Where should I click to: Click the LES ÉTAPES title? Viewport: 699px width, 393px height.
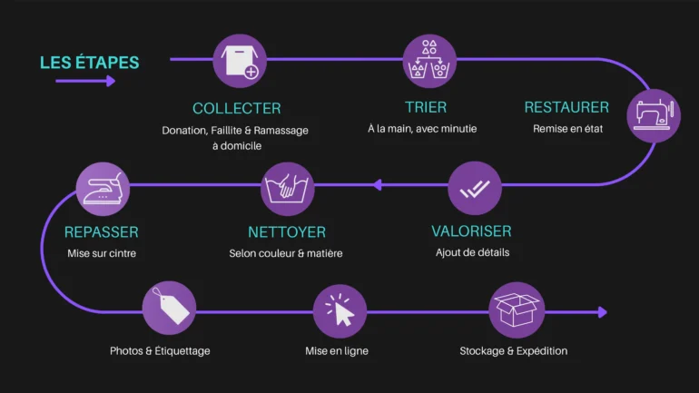[90, 63]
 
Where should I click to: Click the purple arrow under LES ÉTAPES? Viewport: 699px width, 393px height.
[85, 81]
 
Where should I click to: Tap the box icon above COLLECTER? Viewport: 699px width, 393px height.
[240, 61]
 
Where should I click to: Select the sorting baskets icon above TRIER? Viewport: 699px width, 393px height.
[429, 61]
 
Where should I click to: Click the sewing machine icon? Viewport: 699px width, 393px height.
[653, 115]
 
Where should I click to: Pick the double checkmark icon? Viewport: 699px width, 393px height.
[474, 189]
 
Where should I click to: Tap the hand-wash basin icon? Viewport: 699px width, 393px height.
[288, 189]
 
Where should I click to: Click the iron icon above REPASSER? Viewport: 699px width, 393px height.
[103, 189]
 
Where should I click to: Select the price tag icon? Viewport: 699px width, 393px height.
[170, 308]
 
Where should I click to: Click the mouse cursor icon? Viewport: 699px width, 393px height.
[340, 310]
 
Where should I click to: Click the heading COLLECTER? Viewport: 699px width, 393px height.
[237, 108]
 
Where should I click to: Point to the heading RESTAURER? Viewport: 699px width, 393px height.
[566, 107]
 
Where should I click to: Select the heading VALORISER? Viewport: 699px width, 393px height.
[471, 231]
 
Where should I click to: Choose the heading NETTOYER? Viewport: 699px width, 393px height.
[286, 232]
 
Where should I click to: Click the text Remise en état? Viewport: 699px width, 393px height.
[567, 129]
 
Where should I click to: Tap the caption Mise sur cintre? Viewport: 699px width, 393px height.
[102, 253]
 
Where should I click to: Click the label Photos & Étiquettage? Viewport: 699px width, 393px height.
[160, 350]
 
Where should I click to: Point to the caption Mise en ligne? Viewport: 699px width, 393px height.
[337, 350]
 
